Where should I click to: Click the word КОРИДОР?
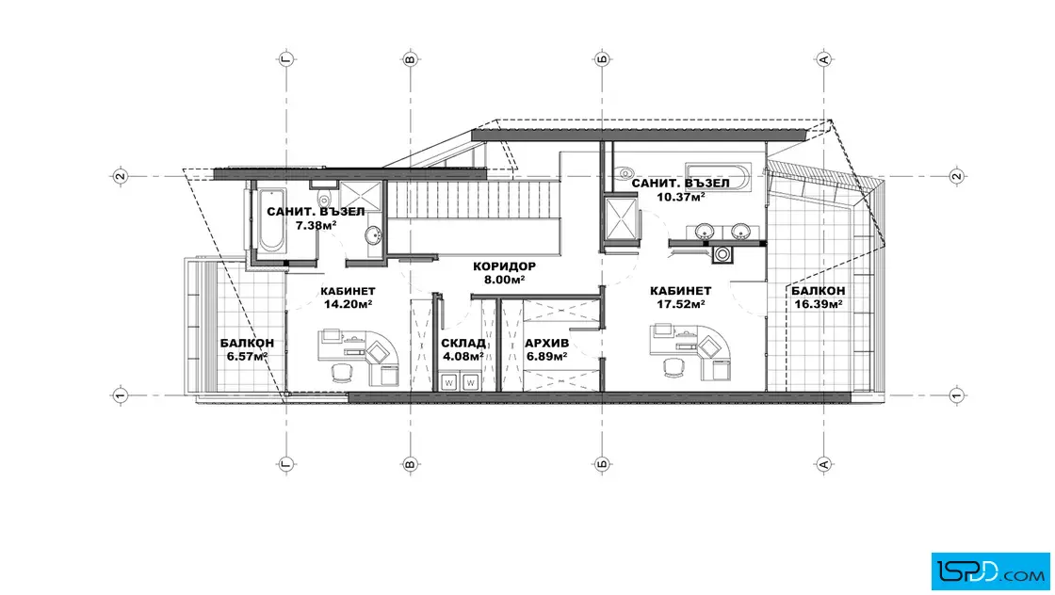504,266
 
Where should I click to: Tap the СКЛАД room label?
463,344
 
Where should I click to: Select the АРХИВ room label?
546,344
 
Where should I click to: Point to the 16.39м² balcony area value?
819,304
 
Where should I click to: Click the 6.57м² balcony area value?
247,356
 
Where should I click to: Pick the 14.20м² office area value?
348,304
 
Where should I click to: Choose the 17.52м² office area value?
680,304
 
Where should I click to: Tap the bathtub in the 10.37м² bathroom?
717,176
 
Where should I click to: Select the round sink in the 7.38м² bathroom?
373,235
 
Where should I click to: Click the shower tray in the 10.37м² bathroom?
620,217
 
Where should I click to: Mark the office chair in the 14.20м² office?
341,372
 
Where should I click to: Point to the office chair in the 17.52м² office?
673,367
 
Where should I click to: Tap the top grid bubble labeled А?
824,59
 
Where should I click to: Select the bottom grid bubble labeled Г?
286,464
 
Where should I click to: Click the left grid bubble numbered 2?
120,176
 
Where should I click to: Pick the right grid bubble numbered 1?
957,395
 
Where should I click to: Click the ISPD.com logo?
990,571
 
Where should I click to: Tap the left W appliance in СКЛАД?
449,382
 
